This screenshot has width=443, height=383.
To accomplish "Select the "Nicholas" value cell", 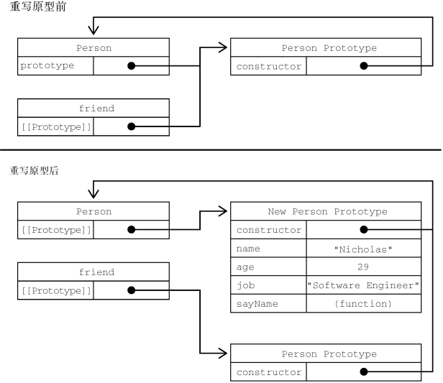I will tap(363, 249).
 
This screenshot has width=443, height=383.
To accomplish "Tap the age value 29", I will tap(363, 267).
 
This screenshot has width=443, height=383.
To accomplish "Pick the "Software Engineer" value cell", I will tap(363, 285).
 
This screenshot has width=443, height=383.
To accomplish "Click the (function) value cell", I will tap(363, 304).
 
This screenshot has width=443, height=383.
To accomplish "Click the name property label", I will tap(247, 249).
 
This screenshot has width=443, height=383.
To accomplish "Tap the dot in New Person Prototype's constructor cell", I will tap(364, 230).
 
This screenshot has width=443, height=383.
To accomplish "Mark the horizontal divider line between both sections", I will tap(221, 149).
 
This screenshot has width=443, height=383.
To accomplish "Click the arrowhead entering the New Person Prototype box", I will tap(224, 212).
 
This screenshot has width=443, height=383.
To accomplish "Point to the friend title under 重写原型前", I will tap(93, 109).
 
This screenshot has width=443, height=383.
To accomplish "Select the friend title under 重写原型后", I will tap(93, 272).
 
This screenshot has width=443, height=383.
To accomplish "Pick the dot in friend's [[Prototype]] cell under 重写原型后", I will tap(131, 290).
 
